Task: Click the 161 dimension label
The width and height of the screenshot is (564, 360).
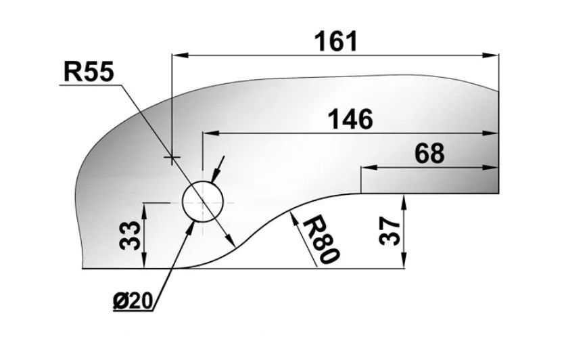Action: coord(336,41)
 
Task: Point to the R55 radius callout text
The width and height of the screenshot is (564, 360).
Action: coord(89,71)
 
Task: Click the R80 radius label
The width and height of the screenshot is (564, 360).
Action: coord(321,240)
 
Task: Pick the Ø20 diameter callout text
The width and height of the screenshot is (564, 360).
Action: coord(133,301)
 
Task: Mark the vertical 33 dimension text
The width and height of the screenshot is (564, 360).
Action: coord(130,235)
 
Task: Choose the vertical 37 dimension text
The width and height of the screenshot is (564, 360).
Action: coord(390,231)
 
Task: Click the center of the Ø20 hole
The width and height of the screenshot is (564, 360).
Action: coord(203,202)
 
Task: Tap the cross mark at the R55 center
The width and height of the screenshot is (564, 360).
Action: coord(172,157)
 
